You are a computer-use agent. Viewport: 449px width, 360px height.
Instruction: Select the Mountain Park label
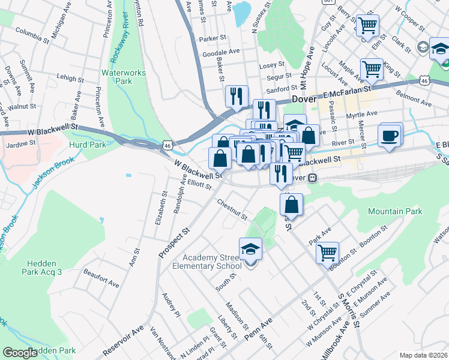point(395,211)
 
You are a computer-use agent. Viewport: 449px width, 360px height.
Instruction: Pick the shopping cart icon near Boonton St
point(327,253)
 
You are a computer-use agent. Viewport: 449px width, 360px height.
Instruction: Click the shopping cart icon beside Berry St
point(367,26)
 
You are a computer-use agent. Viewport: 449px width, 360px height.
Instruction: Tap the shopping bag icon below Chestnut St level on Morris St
point(291,204)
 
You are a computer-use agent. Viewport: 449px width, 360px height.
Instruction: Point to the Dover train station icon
point(312,178)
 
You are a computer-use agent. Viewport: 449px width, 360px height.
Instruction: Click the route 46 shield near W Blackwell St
point(166,145)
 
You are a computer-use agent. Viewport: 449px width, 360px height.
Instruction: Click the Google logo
point(20,352)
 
